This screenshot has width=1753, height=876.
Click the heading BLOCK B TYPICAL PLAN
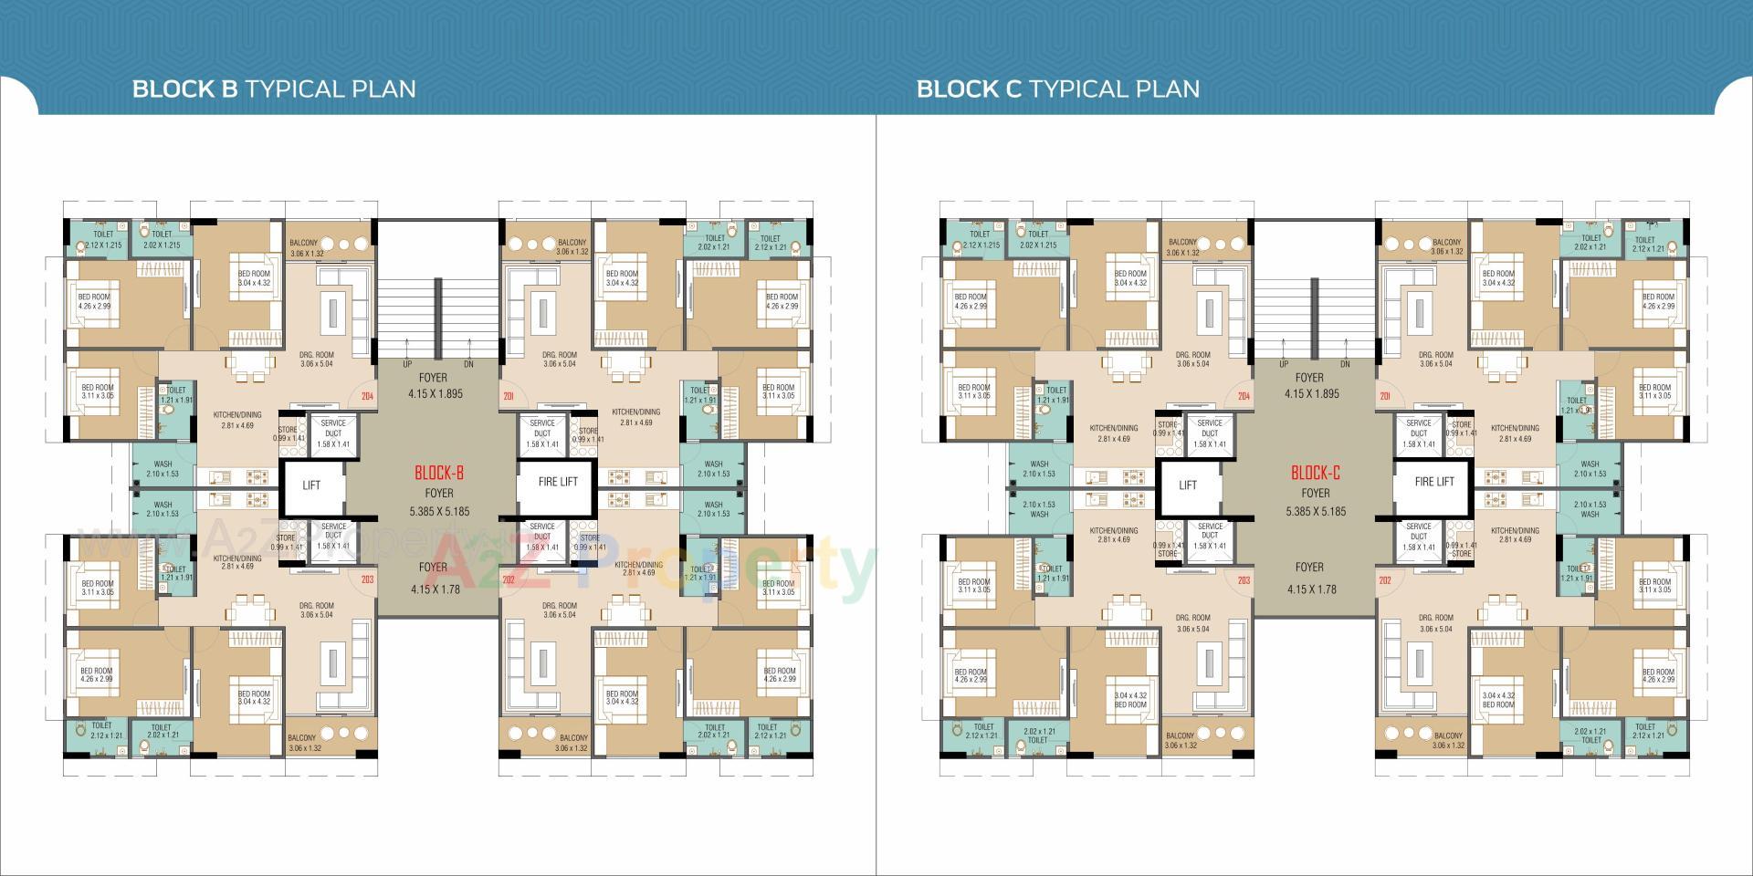click(274, 89)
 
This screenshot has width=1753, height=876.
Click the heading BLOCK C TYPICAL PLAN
click(1058, 89)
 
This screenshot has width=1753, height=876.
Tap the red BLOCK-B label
click(439, 473)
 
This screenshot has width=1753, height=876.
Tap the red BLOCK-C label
click(1316, 473)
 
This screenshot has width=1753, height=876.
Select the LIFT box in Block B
click(311, 485)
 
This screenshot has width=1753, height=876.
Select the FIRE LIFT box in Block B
click(557, 482)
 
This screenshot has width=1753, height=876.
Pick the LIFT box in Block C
click(1188, 485)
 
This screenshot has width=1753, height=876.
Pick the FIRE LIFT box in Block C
click(1433, 482)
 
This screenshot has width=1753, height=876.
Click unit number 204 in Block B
click(367, 397)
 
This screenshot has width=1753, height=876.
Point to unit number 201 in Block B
click(509, 397)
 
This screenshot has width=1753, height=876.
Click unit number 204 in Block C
click(1244, 397)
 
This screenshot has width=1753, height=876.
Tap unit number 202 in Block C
click(1385, 580)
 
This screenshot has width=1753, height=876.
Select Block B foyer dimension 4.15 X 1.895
click(436, 394)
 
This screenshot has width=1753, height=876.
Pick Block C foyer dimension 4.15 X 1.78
click(1311, 589)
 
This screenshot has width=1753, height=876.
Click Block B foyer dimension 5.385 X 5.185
click(439, 512)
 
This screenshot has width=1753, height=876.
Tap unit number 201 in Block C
click(1385, 397)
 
